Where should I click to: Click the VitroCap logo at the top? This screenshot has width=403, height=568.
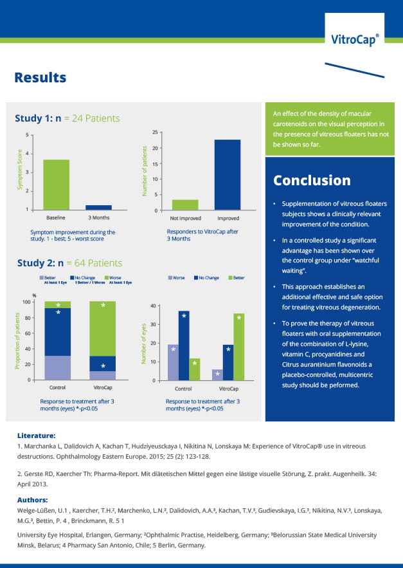coord(355,39)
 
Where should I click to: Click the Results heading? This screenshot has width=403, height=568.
coord(40,78)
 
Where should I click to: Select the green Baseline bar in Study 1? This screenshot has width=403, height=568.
coord(56,185)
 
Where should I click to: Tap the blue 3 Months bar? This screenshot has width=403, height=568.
coord(98,208)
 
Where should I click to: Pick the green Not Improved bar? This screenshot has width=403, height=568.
coord(185,205)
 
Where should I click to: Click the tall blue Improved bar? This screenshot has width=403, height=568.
coord(228,175)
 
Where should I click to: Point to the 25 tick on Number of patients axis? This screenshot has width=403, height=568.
coord(155,133)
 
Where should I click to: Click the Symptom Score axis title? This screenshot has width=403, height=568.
coord(20,170)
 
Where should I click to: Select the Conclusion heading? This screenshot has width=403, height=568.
coord(312,180)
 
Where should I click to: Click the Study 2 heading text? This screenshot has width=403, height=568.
coord(69,263)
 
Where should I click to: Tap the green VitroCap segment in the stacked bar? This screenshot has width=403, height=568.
coord(102,329)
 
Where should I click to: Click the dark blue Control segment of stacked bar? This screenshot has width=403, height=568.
coord(58,332)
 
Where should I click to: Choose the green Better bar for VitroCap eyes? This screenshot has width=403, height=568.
coord(239,347)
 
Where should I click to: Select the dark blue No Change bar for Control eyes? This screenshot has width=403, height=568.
coord(184,345)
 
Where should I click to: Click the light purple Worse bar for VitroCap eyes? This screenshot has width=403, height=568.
coord(217,375)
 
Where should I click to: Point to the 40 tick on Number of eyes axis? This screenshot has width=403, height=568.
coord(153,306)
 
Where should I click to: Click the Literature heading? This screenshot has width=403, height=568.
coord(36,435)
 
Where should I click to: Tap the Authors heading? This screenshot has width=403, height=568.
coord(33,500)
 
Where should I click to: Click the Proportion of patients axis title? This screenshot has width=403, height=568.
coord(17,341)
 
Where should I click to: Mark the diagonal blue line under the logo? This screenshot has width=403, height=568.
coord(355,70)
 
